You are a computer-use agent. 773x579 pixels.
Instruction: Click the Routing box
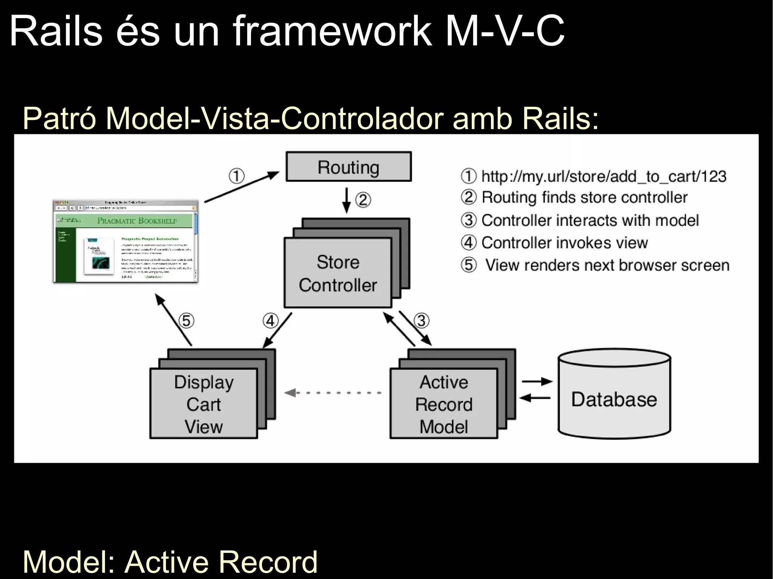click(348, 167)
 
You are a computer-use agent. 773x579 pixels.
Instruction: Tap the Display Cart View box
click(203, 404)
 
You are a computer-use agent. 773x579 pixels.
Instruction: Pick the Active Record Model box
click(443, 404)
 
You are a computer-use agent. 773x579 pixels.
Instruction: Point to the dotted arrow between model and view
click(332, 393)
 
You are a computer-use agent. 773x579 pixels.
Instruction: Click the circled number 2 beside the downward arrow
click(363, 200)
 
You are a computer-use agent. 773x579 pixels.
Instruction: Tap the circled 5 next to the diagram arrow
click(186, 321)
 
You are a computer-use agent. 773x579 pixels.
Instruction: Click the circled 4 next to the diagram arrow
click(270, 321)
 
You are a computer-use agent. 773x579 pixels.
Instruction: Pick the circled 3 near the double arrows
click(422, 321)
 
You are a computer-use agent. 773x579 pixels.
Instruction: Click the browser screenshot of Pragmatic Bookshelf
click(126, 241)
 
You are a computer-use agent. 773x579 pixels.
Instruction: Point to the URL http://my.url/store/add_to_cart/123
click(604, 177)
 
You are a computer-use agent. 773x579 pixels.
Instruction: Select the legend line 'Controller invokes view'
click(564, 243)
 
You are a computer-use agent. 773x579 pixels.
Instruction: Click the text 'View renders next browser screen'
click(607, 265)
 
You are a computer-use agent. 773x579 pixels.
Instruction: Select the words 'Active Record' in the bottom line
click(221, 562)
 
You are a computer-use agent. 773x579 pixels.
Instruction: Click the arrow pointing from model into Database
click(537, 382)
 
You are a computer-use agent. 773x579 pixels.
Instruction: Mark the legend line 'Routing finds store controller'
click(584, 197)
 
